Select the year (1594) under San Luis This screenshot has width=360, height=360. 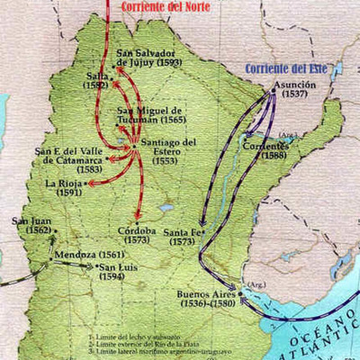tap(113, 276)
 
